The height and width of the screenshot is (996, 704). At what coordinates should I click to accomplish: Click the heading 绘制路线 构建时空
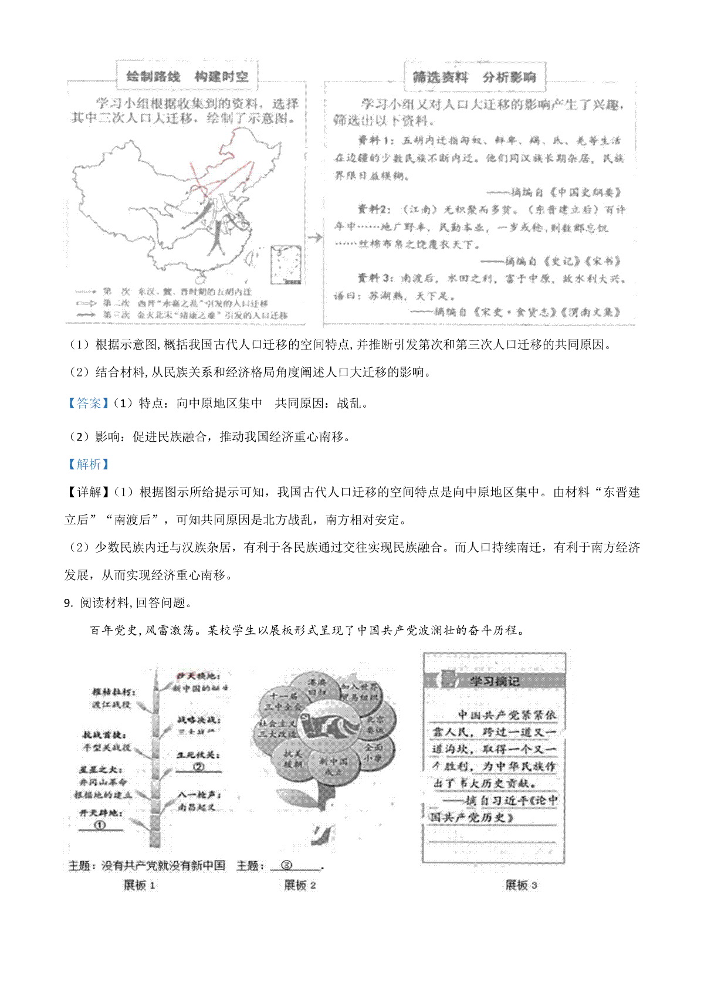coord(187,76)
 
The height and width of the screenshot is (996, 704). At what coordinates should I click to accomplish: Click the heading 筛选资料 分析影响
coord(474,77)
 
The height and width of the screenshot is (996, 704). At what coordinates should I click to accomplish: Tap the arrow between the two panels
coord(315,238)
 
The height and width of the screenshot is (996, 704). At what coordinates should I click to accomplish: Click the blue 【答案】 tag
coord(88,403)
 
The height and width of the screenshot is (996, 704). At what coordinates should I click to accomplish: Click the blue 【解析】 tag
coord(88,464)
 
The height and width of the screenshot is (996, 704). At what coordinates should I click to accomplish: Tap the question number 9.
coord(68,602)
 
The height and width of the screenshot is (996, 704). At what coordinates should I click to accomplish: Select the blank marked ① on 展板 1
coord(100,825)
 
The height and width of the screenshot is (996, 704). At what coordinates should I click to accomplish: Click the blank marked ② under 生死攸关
coord(198,767)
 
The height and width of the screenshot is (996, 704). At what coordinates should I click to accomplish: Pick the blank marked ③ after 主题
coord(286,865)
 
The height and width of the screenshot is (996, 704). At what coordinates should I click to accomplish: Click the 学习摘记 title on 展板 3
coord(494,681)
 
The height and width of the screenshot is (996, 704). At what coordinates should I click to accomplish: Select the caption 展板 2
coord(300,885)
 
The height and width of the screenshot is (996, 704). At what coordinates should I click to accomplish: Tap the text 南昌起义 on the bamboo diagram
coord(197,807)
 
